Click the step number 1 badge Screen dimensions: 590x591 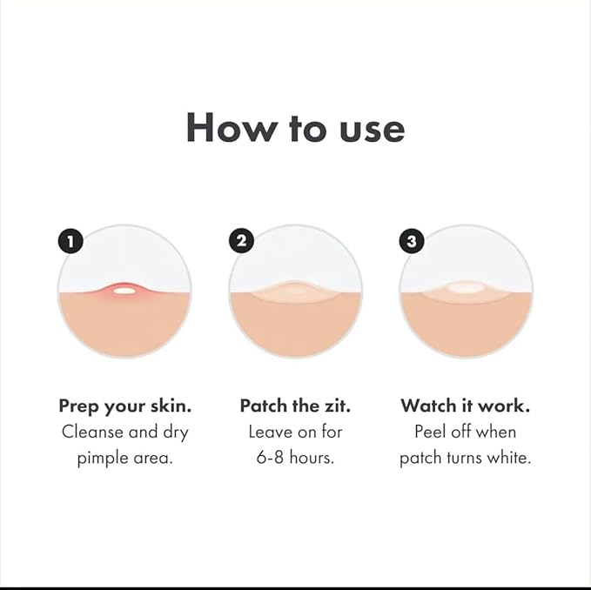pos(70,241)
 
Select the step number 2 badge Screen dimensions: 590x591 pos(240,241)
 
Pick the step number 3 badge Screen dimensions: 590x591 pos(412,241)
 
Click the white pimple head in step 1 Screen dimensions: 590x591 pos(124,290)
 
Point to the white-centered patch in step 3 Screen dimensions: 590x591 pos(466,287)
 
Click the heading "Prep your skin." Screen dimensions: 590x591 pos(124,406)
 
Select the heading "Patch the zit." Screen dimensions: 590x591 pos(295,406)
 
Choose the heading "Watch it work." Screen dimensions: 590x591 pos(466,406)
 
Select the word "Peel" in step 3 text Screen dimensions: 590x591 pos(432,432)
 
